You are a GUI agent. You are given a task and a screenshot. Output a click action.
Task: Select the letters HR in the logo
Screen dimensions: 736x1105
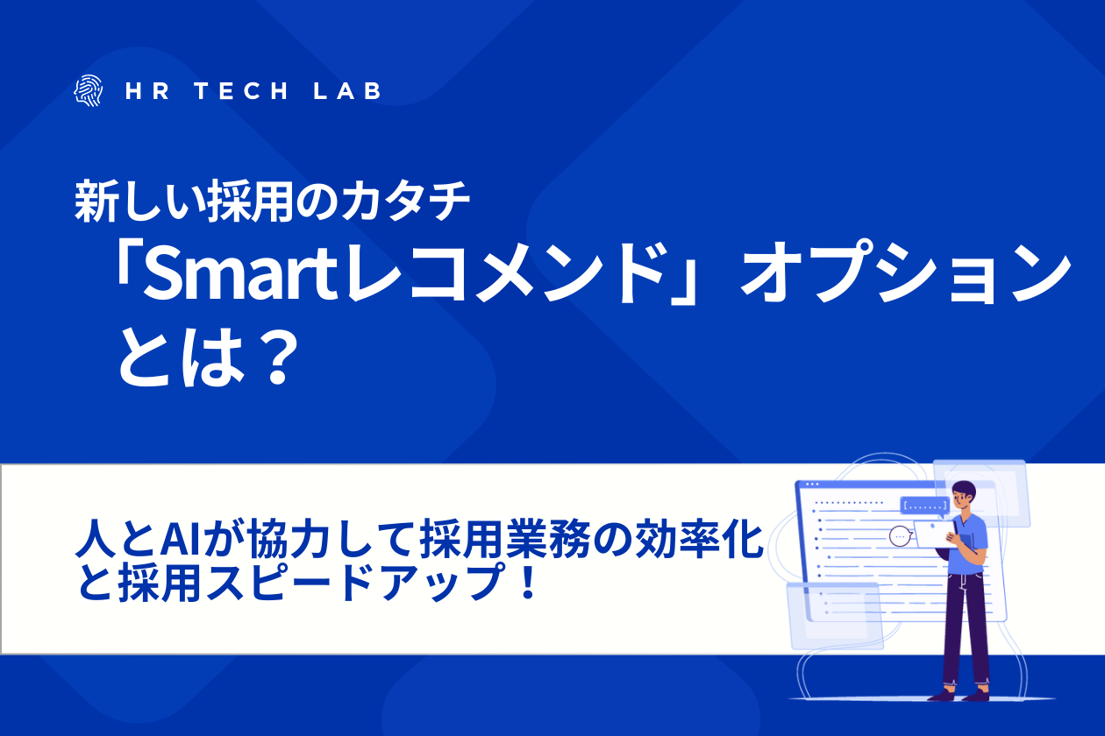pos(146,91)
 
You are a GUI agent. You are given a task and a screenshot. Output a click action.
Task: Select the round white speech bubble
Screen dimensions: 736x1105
pos(901,535)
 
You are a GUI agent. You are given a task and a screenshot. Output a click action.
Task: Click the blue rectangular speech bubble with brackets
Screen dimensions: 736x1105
pos(924,506)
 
